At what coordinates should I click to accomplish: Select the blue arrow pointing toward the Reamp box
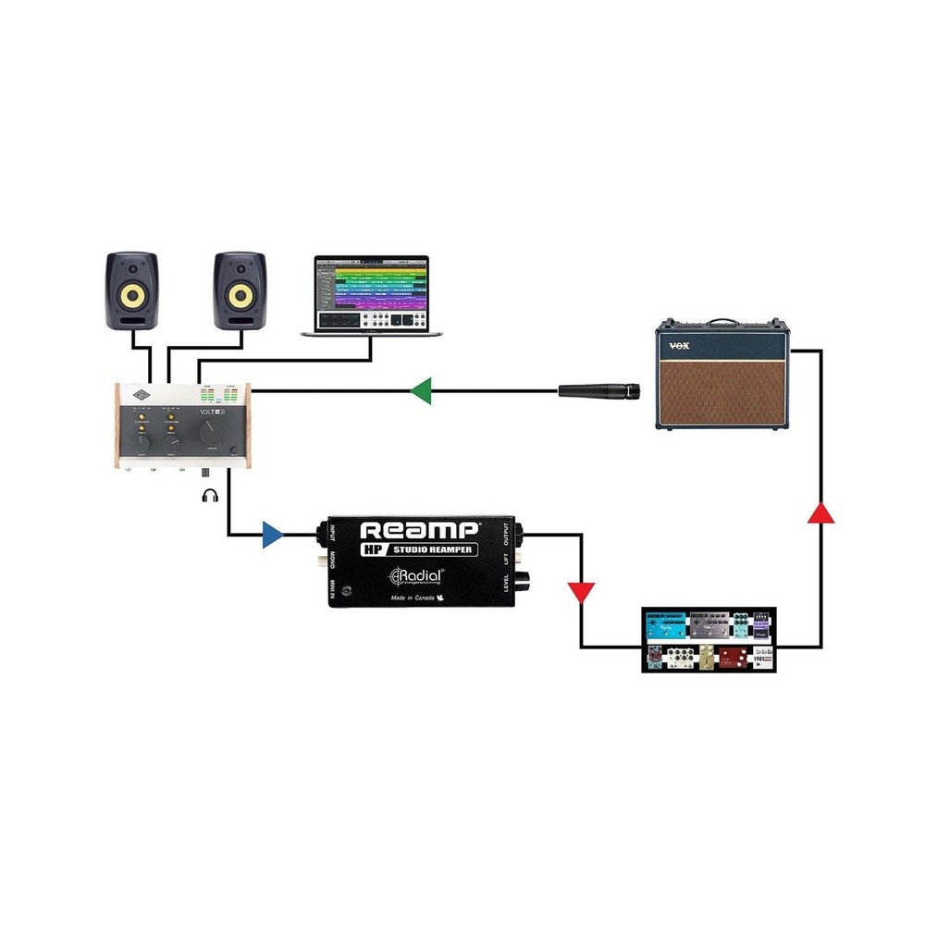coord(271,535)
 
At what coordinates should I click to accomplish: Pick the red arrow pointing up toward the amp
coord(820,512)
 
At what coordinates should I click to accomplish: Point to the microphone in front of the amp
coord(599,391)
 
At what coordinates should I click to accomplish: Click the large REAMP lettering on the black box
coord(418,531)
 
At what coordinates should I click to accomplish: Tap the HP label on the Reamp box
coord(372,552)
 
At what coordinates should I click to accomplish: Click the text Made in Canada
coord(401,598)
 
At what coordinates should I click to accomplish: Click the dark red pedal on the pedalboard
coord(734,657)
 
